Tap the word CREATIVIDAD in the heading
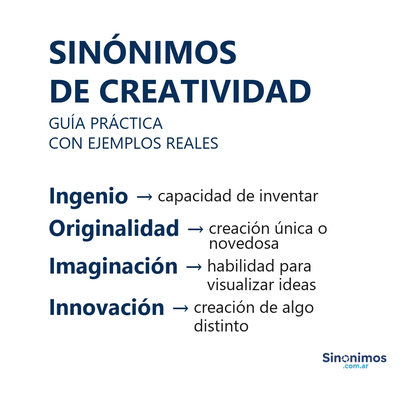click(x=205, y=91)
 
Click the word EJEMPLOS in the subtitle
click(x=124, y=143)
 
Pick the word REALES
click(x=192, y=143)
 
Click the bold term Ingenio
click(x=88, y=197)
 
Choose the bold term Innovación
click(x=107, y=307)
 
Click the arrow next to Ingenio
click(x=145, y=197)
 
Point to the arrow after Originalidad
click(x=196, y=229)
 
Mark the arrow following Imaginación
click(x=194, y=267)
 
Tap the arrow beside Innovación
click(x=180, y=308)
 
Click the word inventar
click(x=289, y=196)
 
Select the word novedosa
click(x=244, y=244)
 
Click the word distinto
click(x=221, y=325)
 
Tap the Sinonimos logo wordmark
click(x=354, y=358)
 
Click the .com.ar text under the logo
click(x=355, y=366)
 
